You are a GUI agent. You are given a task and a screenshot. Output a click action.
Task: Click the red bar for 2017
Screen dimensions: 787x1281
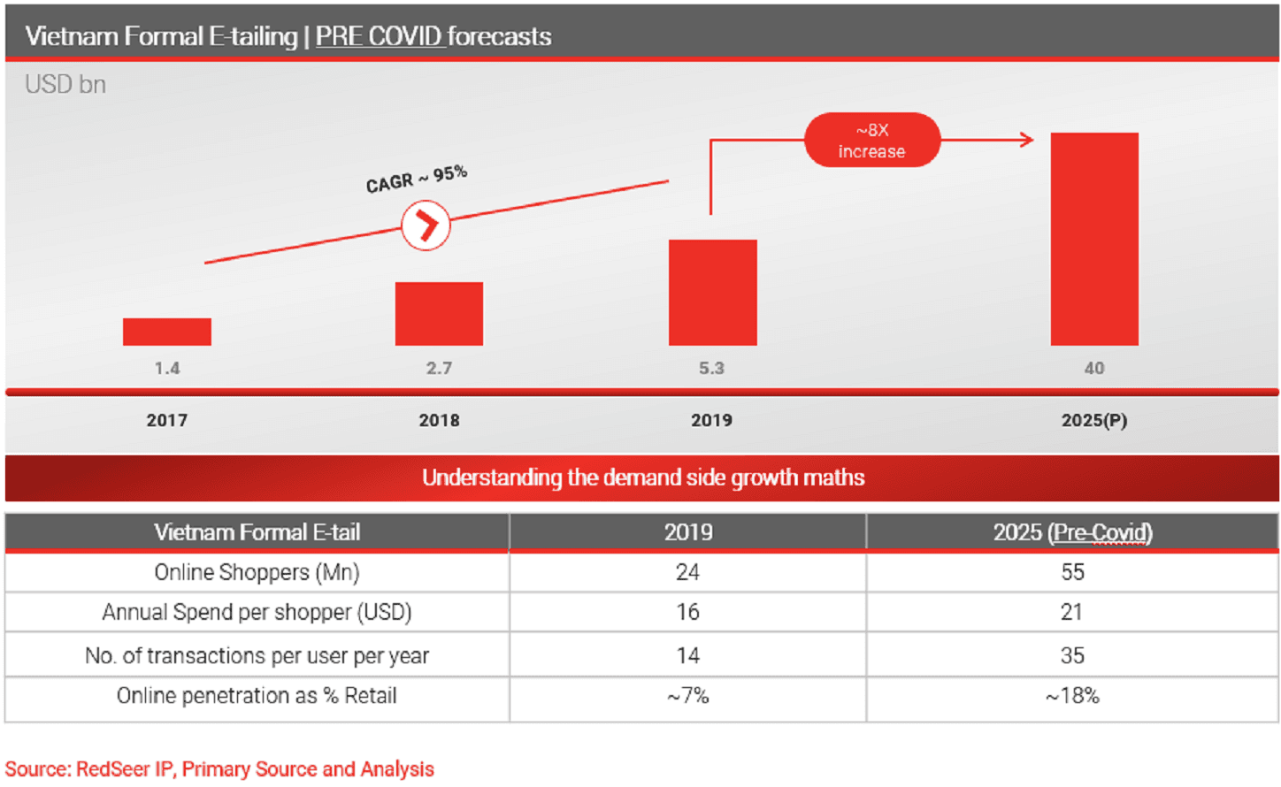[167, 332]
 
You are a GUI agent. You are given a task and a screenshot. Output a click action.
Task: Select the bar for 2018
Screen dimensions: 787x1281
[439, 314]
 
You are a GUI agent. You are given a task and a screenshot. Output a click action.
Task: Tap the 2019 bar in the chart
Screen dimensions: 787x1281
[712, 293]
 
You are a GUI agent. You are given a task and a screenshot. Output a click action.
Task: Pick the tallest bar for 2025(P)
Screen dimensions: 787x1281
[1094, 239]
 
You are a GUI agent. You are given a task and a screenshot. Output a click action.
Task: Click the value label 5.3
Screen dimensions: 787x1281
[711, 368]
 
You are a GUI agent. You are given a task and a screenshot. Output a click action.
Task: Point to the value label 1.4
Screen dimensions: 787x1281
[167, 368]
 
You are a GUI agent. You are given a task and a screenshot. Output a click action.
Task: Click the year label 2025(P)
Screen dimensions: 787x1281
[1094, 420]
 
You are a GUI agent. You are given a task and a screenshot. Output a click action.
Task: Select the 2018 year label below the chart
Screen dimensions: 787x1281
[439, 420]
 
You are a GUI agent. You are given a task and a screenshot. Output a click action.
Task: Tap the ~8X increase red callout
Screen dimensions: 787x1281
[871, 141]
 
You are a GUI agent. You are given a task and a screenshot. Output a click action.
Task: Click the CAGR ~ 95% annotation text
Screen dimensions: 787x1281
[416, 179]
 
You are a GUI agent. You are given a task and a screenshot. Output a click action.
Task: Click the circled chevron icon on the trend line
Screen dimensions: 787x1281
[426, 225]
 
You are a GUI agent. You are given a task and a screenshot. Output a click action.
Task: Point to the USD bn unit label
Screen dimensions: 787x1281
[65, 85]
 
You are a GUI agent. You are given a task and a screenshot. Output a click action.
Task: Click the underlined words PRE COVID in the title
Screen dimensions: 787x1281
[379, 36]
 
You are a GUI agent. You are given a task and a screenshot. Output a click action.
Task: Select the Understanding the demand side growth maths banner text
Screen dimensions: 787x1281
[643, 478]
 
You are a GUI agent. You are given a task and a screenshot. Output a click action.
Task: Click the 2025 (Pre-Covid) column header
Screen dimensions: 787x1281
[1072, 532]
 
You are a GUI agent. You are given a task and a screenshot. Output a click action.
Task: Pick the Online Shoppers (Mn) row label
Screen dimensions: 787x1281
[257, 572]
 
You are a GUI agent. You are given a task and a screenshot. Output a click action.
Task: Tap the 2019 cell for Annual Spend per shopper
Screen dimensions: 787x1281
[687, 612]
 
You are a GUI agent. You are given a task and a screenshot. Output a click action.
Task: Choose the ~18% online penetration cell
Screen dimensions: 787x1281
[1072, 696]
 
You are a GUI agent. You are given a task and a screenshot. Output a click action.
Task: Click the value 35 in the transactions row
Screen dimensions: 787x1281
[1072, 655]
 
